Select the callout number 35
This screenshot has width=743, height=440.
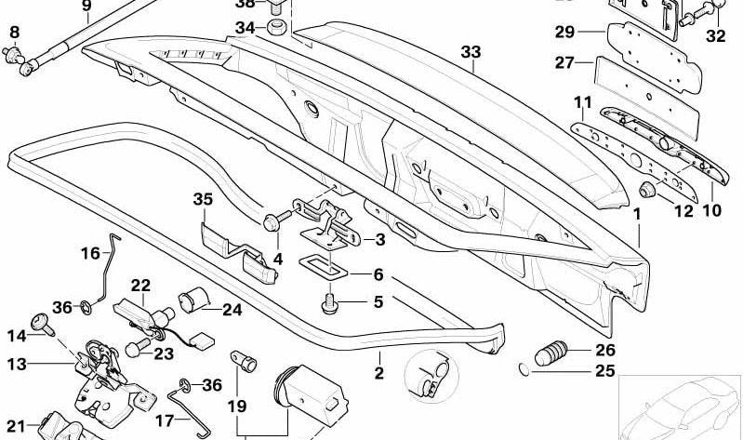pyautogui.click(x=203, y=199)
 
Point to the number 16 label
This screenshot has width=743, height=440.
pyautogui.click(x=89, y=253)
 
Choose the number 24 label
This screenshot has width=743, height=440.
pyautogui.click(x=232, y=311)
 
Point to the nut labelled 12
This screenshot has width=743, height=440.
pyautogui.click(x=647, y=193)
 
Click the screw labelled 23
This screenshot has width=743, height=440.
pyautogui.click(x=136, y=349)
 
